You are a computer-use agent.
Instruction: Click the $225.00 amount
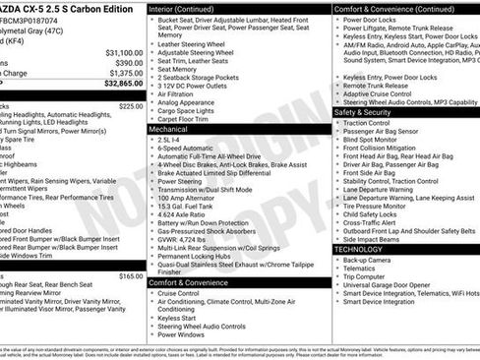coord(130,105)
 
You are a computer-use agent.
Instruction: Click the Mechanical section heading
coord(168,129)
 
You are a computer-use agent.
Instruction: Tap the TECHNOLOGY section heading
coord(364,250)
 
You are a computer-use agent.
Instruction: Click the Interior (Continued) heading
coord(190,8)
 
